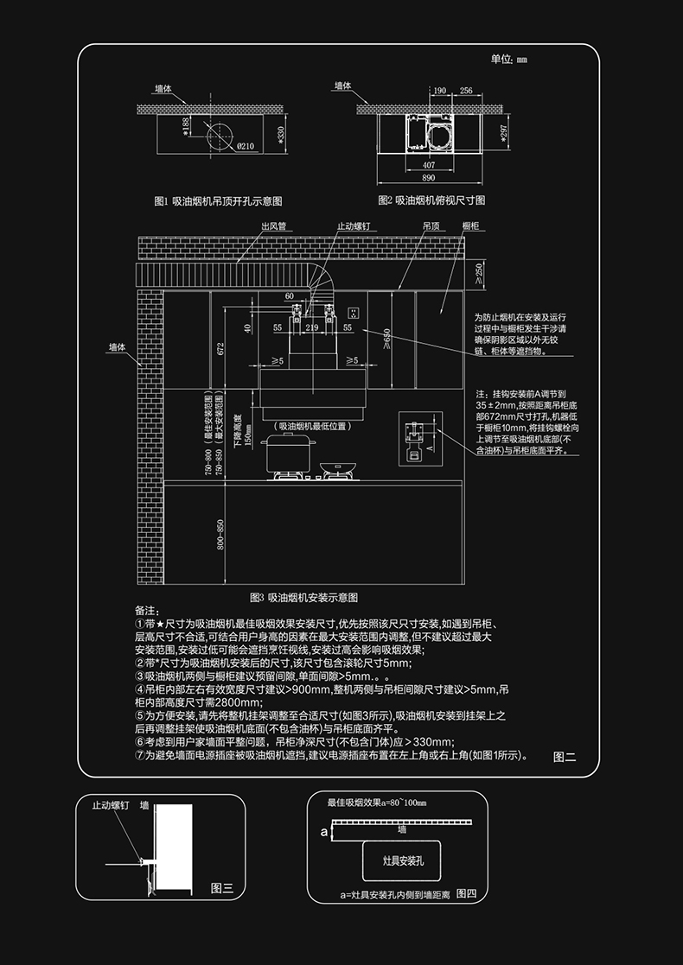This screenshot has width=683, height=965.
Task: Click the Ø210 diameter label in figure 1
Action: pyautogui.click(x=245, y=146)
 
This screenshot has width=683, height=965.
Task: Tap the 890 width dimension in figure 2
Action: pyautogui.click(x=429, y=177)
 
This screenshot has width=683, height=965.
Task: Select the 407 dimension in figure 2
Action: pyautogui.click(x=429, y=163)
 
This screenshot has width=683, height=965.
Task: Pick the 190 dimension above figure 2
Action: pyautogui.click(x=439, y=90)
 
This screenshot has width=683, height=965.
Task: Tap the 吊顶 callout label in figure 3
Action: pyautogui.click(x=431, y=226)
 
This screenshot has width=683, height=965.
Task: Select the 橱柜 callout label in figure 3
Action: pyautogui.click(x=471, y=226)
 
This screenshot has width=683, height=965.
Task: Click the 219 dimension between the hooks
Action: pyautogui.click(x=311, y=328)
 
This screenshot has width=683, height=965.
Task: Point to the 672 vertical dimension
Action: pyautogui.click(x=220, y=348)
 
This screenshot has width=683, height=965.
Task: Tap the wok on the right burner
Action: pyautogui.click(x=337, y=468)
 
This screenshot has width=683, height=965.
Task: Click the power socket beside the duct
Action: pyautogui.click(x=352, y=311)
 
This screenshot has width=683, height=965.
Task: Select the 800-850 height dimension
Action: pyautogui.click(x=220, y=536)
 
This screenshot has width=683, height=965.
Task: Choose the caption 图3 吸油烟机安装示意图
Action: pyautogui.click(x=303, y=598)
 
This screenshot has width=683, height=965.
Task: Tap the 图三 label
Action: pyautogui.click(x=222, y=888)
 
